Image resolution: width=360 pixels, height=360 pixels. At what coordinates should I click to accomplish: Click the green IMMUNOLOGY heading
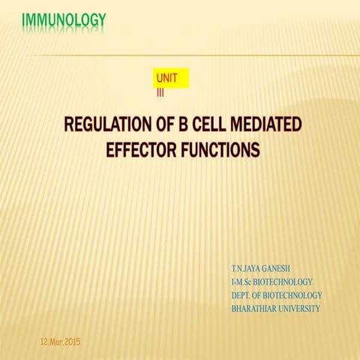click(64, 19)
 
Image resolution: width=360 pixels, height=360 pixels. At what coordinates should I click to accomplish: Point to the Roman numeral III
click(160, 92)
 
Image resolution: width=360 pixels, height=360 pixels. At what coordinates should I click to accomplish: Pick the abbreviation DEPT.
click(243, 295)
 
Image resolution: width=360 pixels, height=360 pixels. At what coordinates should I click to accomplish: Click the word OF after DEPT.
click(262, 295)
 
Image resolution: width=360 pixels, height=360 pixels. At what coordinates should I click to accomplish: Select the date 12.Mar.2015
click(60, 342)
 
